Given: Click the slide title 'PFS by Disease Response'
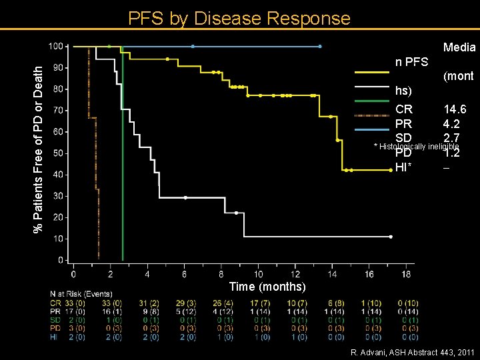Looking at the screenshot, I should [239, 18].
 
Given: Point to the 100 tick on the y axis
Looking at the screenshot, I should [58, 46].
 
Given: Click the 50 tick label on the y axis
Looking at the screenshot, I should [59, 153].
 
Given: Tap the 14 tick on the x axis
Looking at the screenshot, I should [332, 273].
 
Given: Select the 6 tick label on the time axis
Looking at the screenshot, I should [184, 273].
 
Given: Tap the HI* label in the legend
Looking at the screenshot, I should [405, 167].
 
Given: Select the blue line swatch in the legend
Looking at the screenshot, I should [372, 129].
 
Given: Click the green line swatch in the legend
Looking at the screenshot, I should [372, 101].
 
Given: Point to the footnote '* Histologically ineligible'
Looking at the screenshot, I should [417, 146].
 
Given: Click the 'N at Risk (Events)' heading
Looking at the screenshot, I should [81, 294].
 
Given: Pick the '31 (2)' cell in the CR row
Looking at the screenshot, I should [149, 303].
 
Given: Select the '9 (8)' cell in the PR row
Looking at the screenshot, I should [149, 311].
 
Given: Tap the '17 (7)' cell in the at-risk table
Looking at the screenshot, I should [259, 303].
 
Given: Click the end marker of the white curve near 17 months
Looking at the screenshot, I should [391, 237].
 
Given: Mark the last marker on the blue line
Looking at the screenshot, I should [320, 46].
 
